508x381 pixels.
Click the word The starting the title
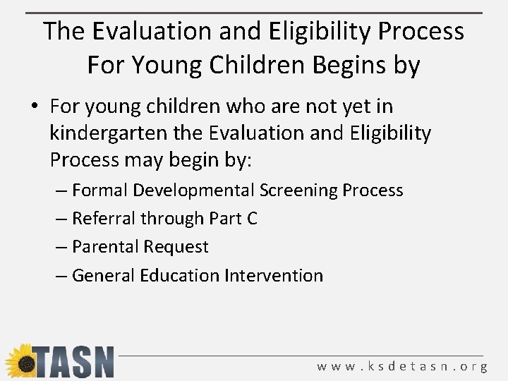click(x=64, y=31)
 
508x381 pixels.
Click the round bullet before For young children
click(x=35, y=107)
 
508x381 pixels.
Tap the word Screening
click(x=298, y=190)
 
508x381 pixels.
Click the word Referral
click(x=104, y=219)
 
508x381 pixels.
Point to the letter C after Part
click(x=251, y=219)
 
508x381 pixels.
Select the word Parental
click(x=105, y=247)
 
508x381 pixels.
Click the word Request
click(x=176, y=247)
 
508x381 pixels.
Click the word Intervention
click(x=274, y=275)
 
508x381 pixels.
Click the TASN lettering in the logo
click(x=74, y=362)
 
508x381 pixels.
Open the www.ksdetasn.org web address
click(x=402, y=366)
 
